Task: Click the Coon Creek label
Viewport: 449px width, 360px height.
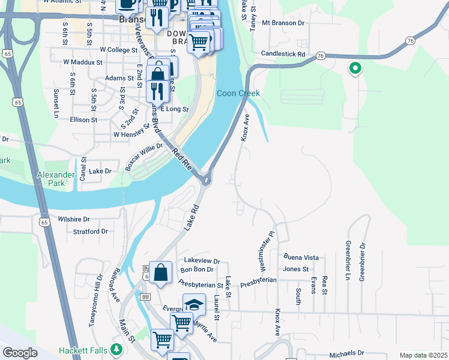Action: coord(238,93)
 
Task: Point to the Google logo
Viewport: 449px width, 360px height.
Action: coord(20,353)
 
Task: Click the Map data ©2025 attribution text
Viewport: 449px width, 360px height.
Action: coord(423,355)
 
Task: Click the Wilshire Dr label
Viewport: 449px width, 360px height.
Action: coord(74,220)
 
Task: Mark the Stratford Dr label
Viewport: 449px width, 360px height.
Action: coord(90,231)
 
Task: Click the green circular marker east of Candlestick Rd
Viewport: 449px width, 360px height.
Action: coord(355,69)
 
